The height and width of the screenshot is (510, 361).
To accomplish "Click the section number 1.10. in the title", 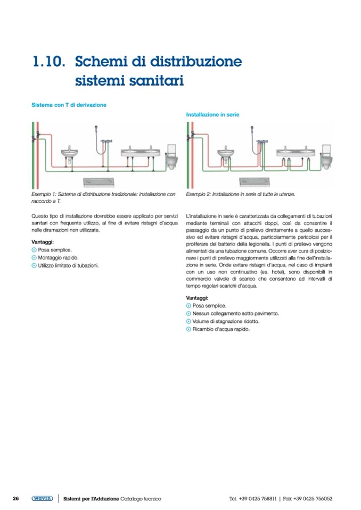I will click(49, 62).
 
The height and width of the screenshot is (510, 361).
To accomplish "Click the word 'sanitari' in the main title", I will click(158, 82).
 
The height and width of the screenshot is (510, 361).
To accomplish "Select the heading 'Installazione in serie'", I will click(212, 114).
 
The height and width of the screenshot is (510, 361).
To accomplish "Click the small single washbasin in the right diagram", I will click(225, 154).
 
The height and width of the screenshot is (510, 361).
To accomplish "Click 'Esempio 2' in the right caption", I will click(199, 195).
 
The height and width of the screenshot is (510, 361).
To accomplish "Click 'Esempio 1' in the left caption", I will click(44, 195).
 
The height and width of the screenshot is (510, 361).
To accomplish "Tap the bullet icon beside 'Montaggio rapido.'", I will click(34, 257).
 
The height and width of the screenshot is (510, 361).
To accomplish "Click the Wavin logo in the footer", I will click(42, 498).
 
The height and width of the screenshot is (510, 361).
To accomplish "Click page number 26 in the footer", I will click(16, 498).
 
